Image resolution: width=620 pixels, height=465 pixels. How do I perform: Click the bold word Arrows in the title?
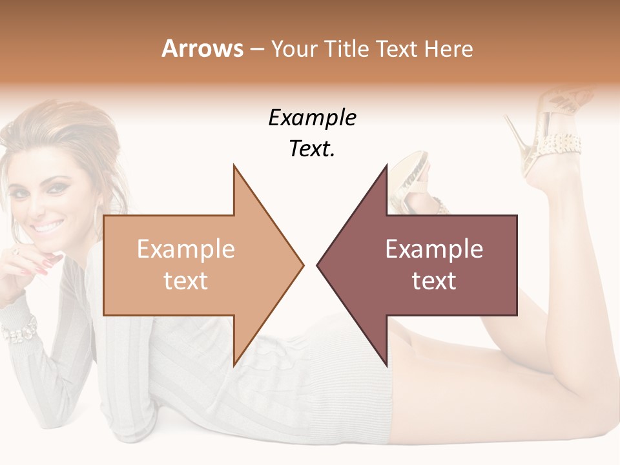click(202, 48)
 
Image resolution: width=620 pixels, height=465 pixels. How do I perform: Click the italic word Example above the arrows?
click(312, 118)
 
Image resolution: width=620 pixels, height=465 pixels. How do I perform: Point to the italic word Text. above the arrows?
click(312, 149)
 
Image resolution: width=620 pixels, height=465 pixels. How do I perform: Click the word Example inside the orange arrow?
click(185, 249)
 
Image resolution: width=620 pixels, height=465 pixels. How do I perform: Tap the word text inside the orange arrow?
click(185, 281)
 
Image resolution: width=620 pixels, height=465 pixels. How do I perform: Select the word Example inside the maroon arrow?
click(434, 249)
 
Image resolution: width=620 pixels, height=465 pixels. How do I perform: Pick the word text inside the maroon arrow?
click(434, 281)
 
